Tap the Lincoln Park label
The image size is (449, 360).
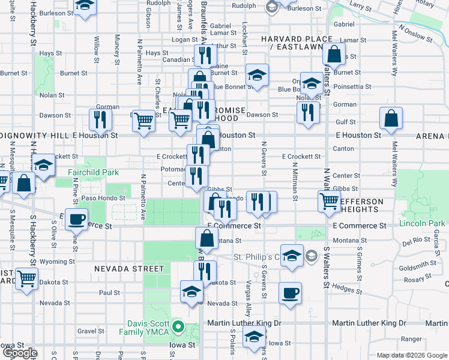(421, 224)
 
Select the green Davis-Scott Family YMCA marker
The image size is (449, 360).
(178, 328)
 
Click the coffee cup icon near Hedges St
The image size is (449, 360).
(291, 293)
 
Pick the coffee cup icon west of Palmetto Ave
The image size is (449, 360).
(76, 219)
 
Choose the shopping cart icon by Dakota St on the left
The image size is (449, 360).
(27, 278)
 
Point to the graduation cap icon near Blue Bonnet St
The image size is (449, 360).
(257, 75)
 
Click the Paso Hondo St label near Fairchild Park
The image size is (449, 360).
(103, 197)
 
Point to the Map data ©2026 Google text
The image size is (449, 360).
(411, 355)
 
